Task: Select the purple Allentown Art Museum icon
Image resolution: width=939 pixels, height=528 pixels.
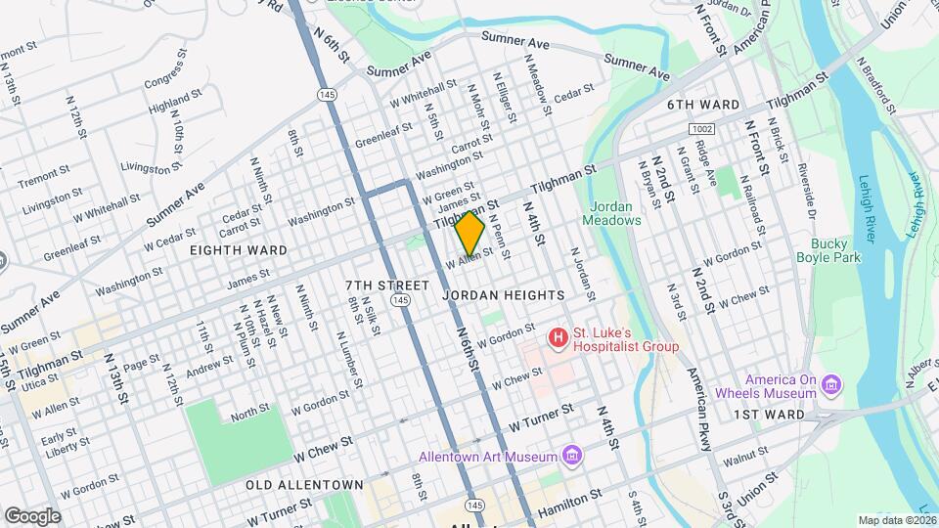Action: tap(573, 457)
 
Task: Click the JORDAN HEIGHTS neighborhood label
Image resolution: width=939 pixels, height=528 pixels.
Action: tap(503, 294)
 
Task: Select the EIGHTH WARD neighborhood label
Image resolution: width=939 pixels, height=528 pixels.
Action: tap(240, 250)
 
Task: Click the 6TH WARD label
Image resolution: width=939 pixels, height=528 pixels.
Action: tap(703, 104)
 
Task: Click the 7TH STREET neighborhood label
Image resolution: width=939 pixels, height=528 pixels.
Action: tap(387, 285)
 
